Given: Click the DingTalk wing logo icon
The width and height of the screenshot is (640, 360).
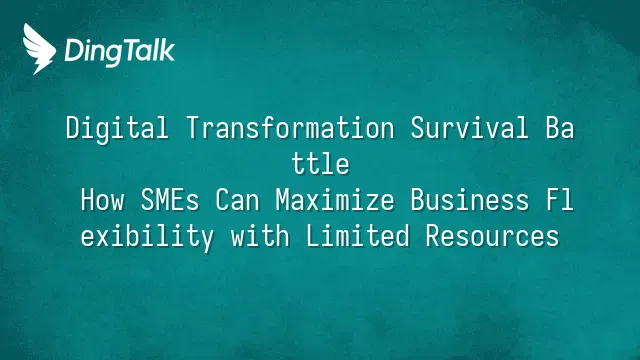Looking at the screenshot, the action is pos(39,49).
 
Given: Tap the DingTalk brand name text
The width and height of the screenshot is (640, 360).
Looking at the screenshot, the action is pos(120,52).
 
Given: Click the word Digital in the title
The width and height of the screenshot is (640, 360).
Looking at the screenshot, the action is pos(117,129).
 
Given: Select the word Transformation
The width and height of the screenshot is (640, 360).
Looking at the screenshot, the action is pos(291,128).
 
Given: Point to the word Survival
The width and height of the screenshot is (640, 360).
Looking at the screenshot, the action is pos(470,128).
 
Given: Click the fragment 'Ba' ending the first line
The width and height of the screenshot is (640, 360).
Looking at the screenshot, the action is pos(560,128).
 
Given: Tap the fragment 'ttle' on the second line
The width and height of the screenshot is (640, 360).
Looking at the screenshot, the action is pos(320,164).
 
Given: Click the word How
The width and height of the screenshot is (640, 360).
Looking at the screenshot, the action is pos(102,200).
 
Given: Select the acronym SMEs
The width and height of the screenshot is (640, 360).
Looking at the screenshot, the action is pos(170,200).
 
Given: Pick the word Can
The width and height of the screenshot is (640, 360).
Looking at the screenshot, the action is pos(238,200).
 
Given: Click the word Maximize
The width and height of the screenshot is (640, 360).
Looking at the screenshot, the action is pos(335,200).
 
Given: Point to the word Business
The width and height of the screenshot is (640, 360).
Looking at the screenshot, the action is pos(470,200).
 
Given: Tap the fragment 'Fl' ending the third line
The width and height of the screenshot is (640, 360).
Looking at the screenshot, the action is pos(560,200).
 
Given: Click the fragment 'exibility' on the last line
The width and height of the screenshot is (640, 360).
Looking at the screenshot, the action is pos(147,237).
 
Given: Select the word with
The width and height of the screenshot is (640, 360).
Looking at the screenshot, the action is pos(260,236).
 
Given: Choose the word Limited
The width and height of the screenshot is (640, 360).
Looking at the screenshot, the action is pos(358,236).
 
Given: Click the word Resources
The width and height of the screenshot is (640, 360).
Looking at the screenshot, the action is pos(492,236).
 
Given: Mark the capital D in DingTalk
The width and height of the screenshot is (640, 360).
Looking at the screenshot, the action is pos(74,51).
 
